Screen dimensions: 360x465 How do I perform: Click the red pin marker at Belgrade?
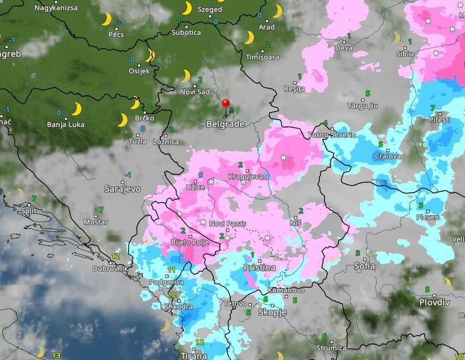click(x=225, y=104)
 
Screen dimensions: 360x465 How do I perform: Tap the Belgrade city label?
click(x=225, y=124)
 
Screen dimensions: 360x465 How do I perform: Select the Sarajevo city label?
click(x=122, y=189)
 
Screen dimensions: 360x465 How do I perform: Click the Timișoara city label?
click(x=262, y=57)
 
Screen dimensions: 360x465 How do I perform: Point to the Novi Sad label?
click(x=195, y=91)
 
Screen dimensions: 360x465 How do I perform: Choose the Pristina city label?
click(x=259, y=268)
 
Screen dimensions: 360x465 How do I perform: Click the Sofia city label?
click(x=364, y=266)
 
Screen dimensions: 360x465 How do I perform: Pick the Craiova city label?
click(x=387, y=156)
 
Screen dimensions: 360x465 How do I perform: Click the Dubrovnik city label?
click(x=110, y=269)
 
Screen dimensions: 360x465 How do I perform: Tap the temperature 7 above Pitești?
click(x=433, y=108)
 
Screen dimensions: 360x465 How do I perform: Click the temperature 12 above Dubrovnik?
click(x=115, y=256)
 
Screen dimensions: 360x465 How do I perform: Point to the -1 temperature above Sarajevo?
click(x=128, y=175)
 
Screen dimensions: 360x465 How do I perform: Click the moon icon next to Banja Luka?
click(x=77, y=109)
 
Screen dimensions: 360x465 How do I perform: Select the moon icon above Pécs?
click(x=106, y=19)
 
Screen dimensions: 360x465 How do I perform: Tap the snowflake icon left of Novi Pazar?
click(x=203, y=222)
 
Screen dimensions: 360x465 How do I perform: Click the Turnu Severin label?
click(x=332, y=135)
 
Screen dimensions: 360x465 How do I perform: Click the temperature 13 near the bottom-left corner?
click(x=56, y=355)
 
